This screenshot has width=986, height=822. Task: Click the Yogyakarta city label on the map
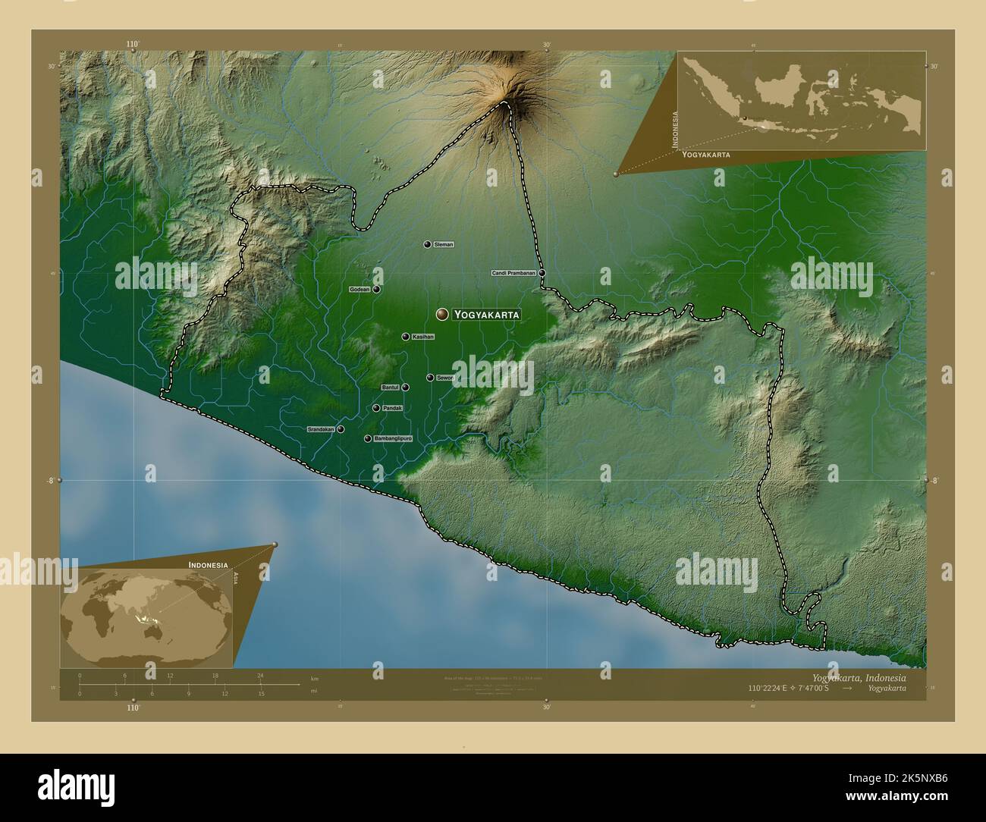(487, 314)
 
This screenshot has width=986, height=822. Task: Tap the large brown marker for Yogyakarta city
(441, 314)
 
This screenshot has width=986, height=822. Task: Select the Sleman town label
(444, 244)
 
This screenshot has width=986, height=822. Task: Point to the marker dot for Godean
(376, 290)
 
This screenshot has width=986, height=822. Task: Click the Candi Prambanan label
(513, 273)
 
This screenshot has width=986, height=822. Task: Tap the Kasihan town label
(422, 337)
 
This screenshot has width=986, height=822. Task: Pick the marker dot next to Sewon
(430, 378)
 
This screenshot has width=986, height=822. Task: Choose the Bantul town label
(390, 387)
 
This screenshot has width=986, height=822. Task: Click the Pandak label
(392, 409)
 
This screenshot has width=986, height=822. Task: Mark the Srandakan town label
(320, 429)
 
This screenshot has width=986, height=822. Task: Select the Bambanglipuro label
(393, 439)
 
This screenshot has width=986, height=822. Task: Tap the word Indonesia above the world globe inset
(208, 565)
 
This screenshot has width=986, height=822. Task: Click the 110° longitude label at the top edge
(133, 45)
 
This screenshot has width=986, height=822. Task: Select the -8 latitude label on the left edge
(50, 480)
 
